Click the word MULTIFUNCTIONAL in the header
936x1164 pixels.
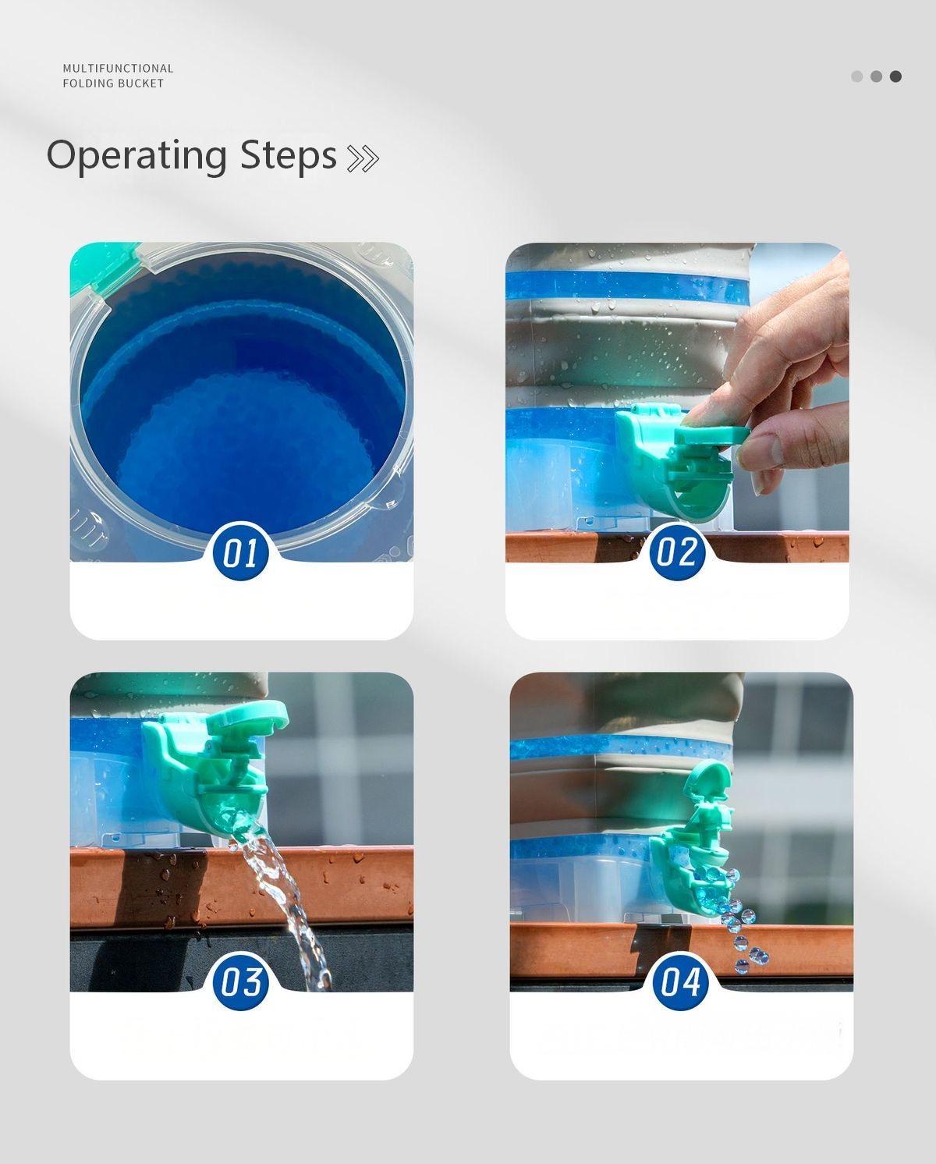[x=118, y=68]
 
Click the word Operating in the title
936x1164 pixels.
[x=136, y=156]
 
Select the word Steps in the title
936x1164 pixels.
[x=288, y=155]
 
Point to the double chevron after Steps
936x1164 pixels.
[x=362, y=158]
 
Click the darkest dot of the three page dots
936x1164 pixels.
[x=895, y=76]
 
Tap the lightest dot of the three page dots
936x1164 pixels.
[x=857, y=76]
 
